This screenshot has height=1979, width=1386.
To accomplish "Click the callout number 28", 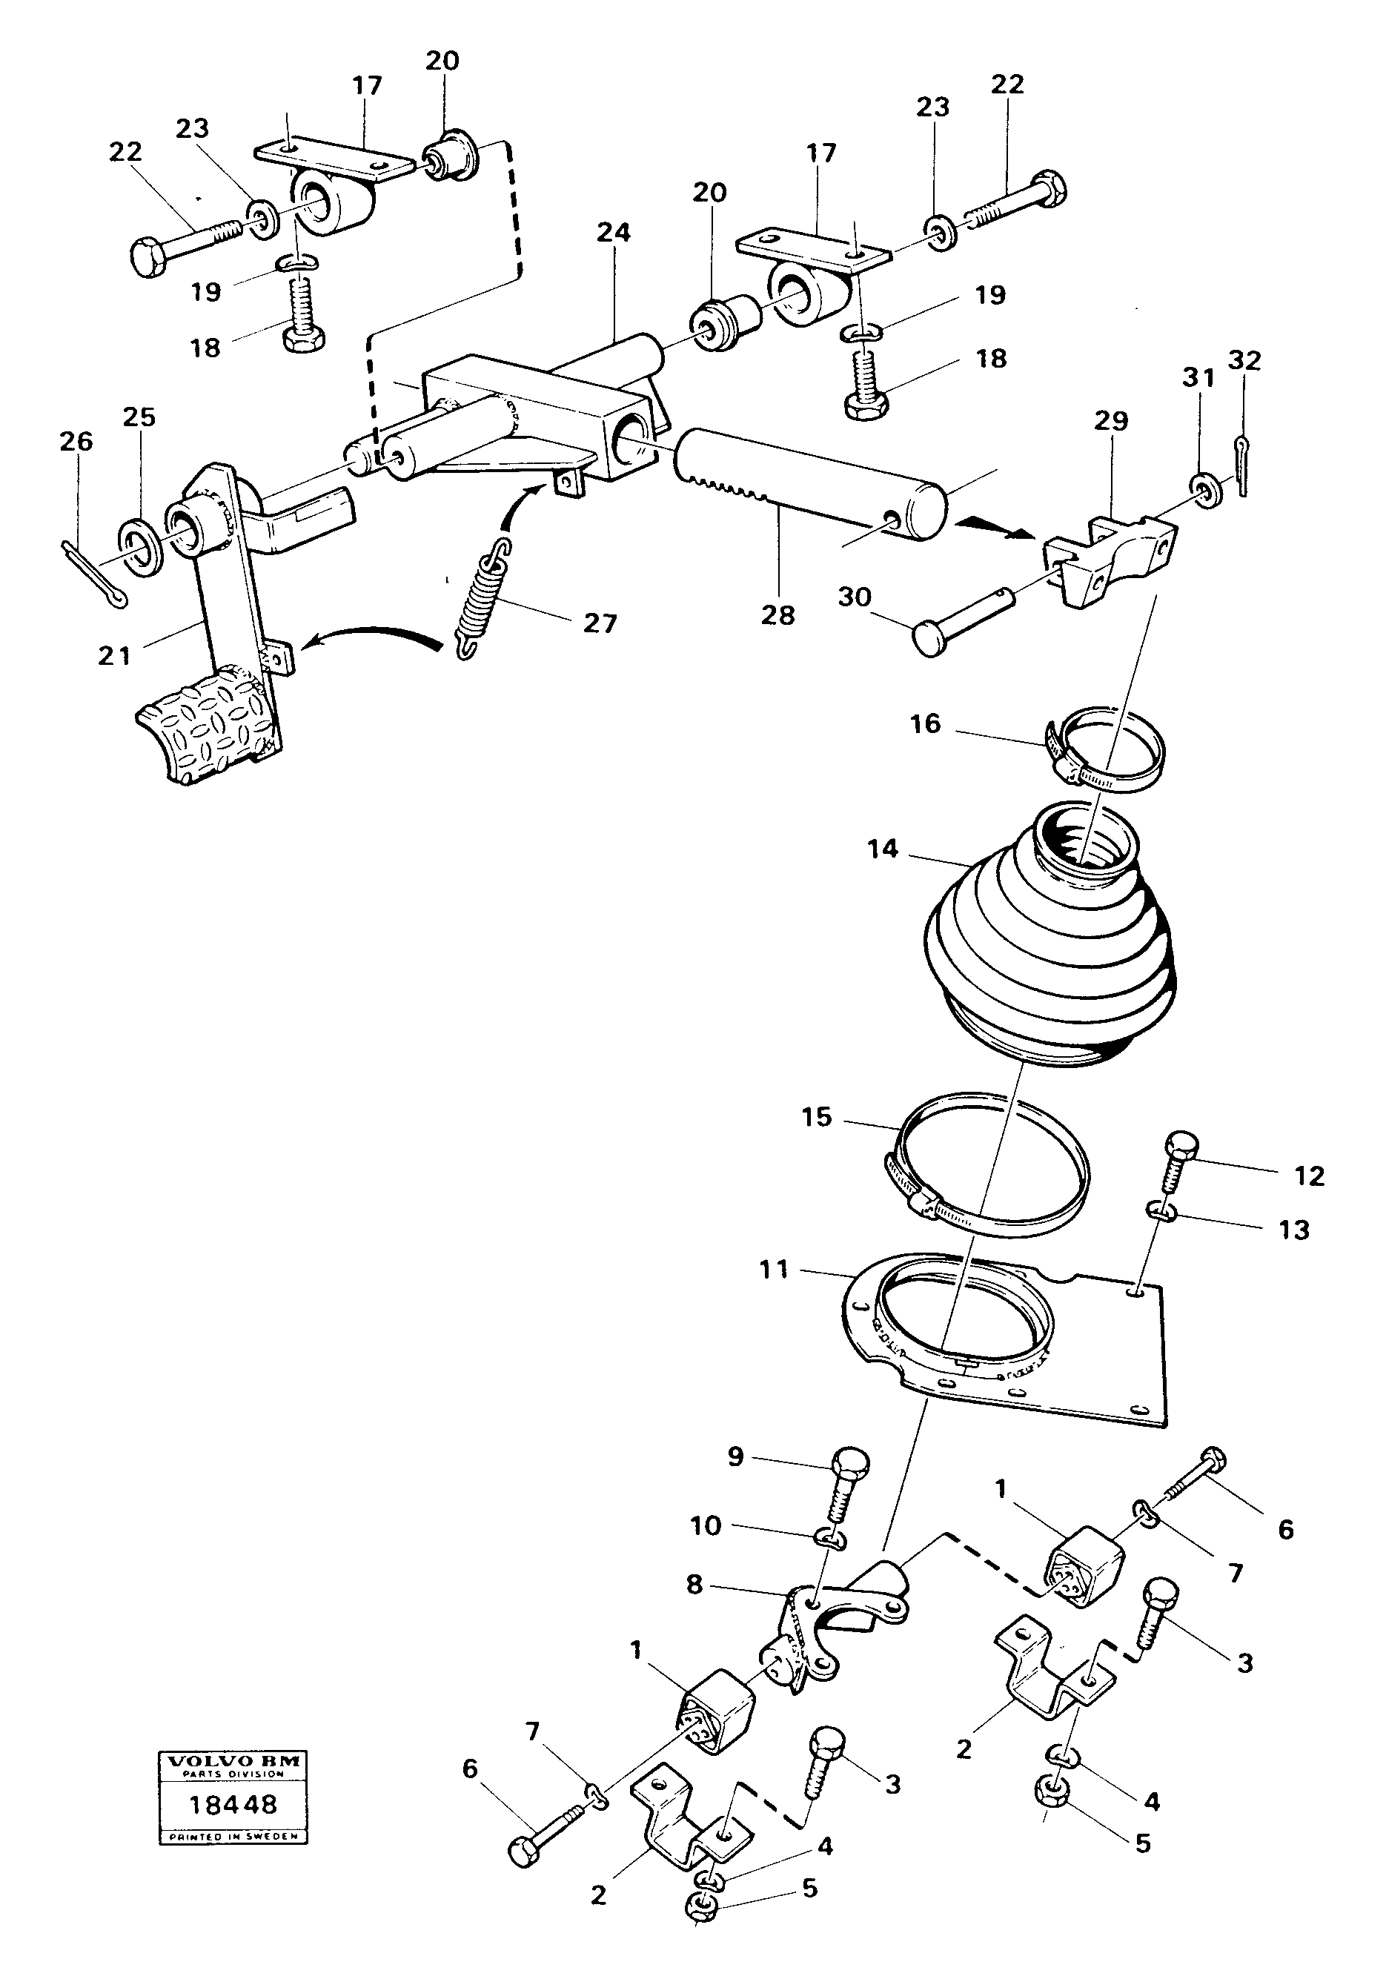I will (777, 614).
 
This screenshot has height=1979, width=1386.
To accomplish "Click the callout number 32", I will (1244, 360).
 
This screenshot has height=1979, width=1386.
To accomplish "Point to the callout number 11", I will (773, 1270).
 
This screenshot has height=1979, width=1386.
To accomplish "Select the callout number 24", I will (613, 232).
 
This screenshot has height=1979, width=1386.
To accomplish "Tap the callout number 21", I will (114, 656).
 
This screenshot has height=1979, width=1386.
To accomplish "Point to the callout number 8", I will (694, 1583).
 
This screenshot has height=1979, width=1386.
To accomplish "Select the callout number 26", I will (76, 441).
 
